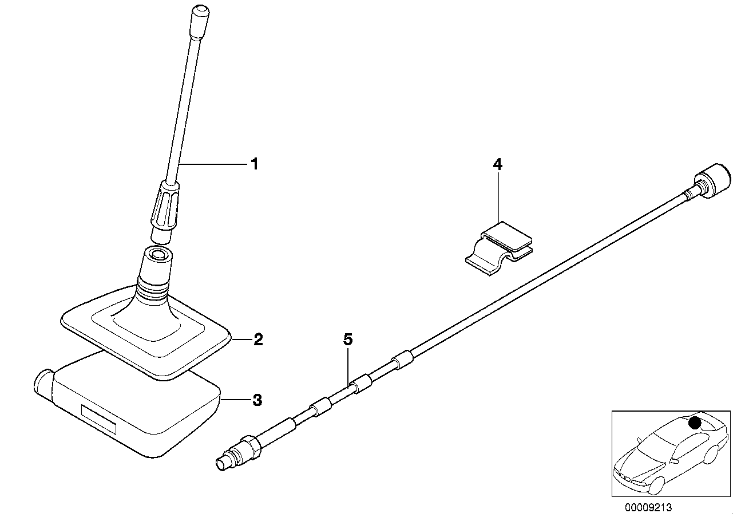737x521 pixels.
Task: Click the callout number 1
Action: [254, 164]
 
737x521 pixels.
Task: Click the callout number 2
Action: [257, 340]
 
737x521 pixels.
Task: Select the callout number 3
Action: [257, 400]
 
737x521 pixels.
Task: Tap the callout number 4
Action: [497, 165]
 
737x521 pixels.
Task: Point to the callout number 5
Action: [348, 340]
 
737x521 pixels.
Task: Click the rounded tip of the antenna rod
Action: [200, 13]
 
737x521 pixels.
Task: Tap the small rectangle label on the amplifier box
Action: [98, 419]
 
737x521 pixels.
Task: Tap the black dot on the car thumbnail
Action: [695, 423]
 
